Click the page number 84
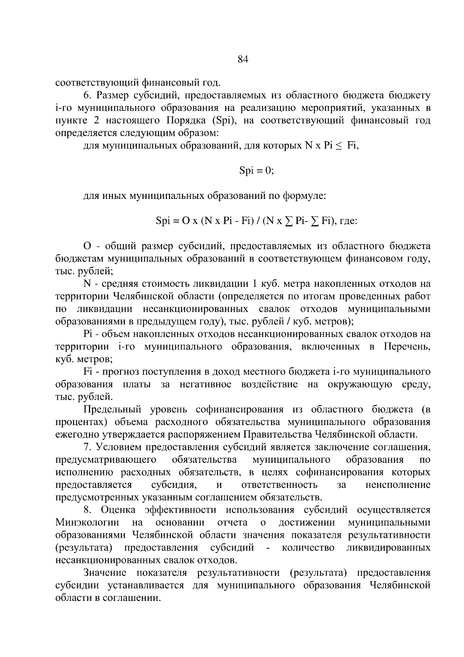click(x=242, y=59)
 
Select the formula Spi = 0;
click(x=256, y=171)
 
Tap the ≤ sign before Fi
click(x=338, y=146)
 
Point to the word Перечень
click(x=407, y=346)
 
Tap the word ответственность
click(x=279, y=485)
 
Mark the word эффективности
click(x=181, y=510)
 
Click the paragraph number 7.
click(x=87, y=447)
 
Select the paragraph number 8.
click(x=87, y=510)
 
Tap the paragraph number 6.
click(x=87, y=96)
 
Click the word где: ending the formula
click(x=348, y=221)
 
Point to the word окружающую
click(x=360, y=384)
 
